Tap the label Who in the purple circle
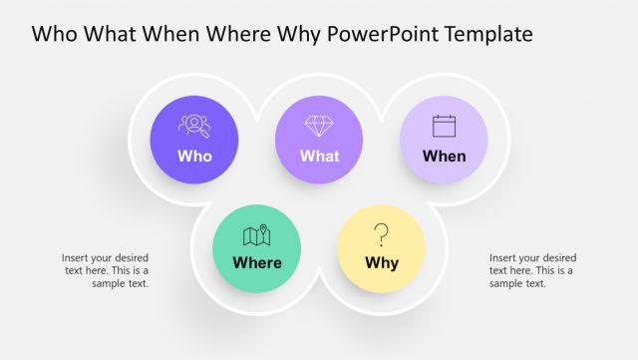(x=194, y=156)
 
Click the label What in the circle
(x=319, y=156)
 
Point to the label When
(x=444, y=156)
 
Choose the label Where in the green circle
(x=257, y=263)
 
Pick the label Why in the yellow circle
(x=382, y=263)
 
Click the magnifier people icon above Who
(x=193, y=126)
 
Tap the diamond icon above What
(x=319, y=126)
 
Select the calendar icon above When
(x=444, y=126)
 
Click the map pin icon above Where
(x=257, y=235)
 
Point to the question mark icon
(x=381, y=235)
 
